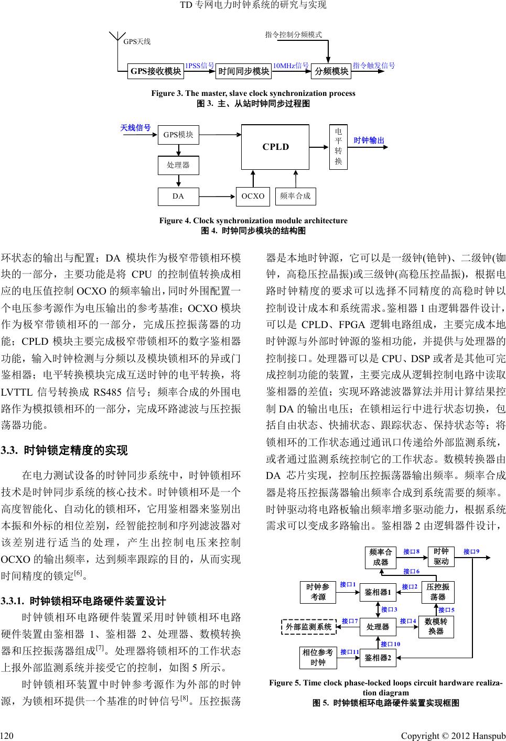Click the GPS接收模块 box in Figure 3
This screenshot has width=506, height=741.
(x=156, y=71)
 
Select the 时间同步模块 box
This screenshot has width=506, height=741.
(x=243, y=71)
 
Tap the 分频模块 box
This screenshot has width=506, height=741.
(x=331, y=71)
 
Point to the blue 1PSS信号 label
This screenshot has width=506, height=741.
(x=200, y=66)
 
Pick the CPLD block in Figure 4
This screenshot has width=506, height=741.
(x=275, y=147)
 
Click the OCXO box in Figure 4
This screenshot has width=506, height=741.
(x=253, y=196)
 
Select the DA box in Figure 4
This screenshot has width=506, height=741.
(x=178, y=196)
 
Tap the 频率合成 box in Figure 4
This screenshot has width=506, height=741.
(x=295, y=196)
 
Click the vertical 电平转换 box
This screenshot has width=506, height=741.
(x=338, y=146)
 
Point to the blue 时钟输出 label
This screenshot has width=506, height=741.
(x=369, y=140)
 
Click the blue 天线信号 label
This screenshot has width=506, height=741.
(x=135, y=128)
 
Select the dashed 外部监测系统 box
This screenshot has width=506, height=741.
(x=308, y=626)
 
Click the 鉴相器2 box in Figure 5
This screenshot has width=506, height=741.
(x=378, y=658)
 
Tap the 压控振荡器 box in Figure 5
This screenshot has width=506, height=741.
(x=438, y=592)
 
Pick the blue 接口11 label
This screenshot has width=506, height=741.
(x=349, y=652)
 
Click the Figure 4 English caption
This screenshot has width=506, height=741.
(x=253, y=221)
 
